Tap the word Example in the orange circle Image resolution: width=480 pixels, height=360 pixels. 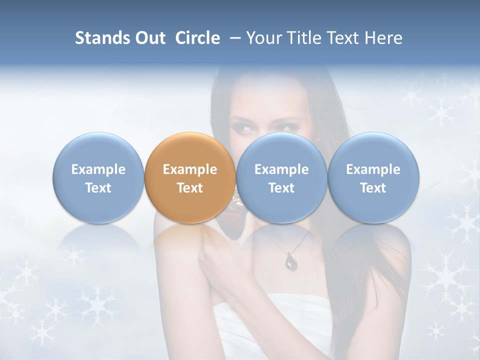click(x=189, y=169)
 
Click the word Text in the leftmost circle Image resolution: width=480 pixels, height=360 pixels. click(x=98, y=188)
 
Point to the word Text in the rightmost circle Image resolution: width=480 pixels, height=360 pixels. click(x=373, y=188)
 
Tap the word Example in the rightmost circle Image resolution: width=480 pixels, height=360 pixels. click(x=373, y=169)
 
